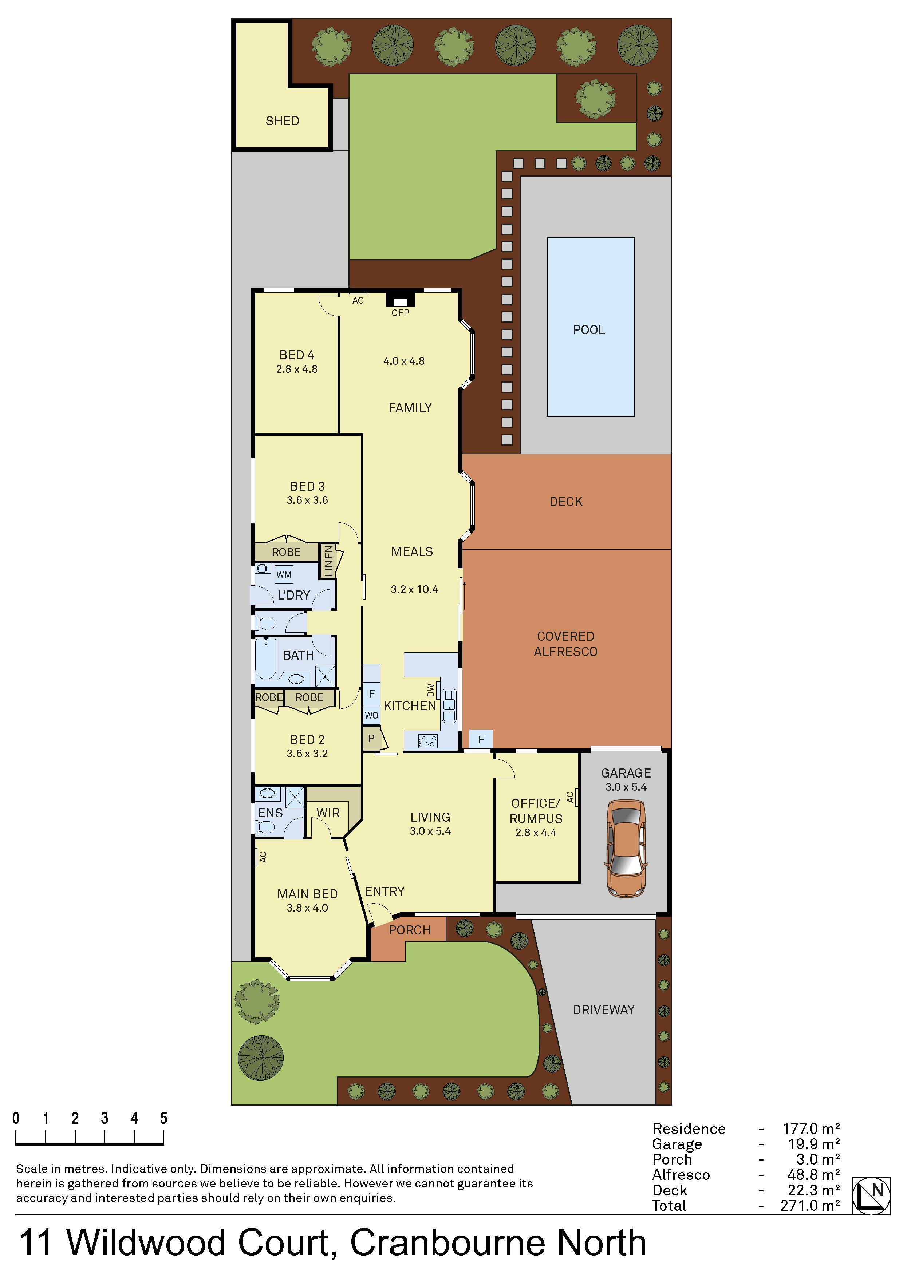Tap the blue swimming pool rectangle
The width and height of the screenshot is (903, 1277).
(590, 327)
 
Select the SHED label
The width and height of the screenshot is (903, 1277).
(283, 121)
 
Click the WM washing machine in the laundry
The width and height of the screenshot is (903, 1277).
(284, 574)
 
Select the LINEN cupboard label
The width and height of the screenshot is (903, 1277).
(328, 561)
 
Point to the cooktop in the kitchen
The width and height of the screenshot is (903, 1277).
(428, 741)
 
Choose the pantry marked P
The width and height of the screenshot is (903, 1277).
(372, 739)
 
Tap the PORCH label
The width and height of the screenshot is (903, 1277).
(410, 930)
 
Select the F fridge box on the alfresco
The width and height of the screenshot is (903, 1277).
(481, 740)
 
